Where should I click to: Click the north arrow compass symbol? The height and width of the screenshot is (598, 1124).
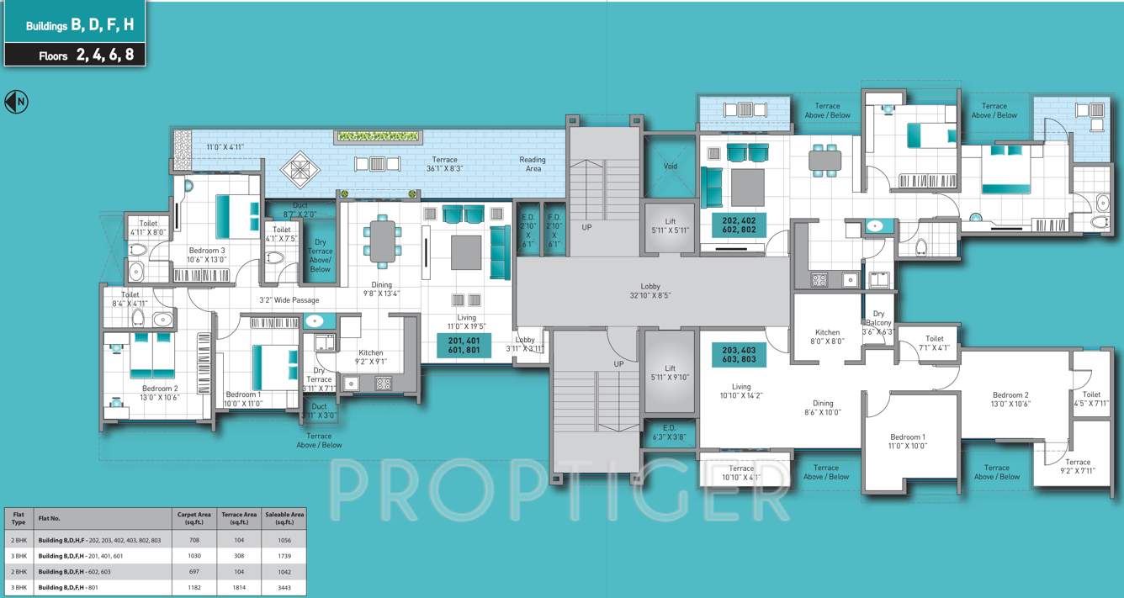click(x=16, y=102)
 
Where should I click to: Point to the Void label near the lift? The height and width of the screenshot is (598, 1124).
click(x=670, y=167)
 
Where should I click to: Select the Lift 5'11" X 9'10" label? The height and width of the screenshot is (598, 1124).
click(x=670, y=373)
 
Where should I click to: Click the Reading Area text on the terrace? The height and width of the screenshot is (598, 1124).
click(x=532, y=164)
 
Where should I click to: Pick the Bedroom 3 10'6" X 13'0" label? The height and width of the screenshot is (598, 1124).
click(x=206, y=255)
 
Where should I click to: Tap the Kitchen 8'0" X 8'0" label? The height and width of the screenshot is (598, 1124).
click(x=827, y=337)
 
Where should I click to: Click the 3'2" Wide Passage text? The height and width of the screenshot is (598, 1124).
click(x=288, y=299)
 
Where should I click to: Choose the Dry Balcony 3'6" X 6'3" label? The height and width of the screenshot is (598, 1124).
click(x=878, y=323)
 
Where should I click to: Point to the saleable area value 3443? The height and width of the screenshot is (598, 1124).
click(x=284, y=586)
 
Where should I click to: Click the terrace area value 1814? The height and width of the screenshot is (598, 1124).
click(x=238, y=586)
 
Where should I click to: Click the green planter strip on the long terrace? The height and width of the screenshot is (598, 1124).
click(x=377, y=135)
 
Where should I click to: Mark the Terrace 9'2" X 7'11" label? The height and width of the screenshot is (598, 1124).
click(x=1077, y=467)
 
